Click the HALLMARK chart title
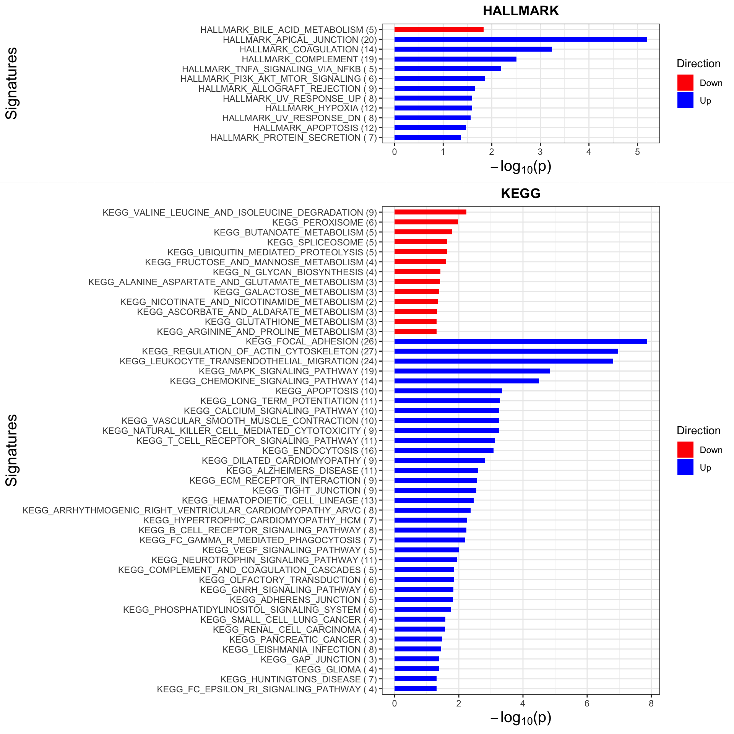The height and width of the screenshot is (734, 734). tap(521, 11)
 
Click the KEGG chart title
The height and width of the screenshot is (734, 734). tap(521, 193)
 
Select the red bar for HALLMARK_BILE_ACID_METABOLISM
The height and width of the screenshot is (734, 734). tap(439, 29)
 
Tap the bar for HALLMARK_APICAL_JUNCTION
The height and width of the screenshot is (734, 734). tap(521, 39)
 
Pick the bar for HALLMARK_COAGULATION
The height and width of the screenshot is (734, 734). tap(473, 49)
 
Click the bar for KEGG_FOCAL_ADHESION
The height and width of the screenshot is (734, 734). tap(521, 341)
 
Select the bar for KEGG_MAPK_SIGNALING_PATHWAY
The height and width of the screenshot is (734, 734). tap(472, 371)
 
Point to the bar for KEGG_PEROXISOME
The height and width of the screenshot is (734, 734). tap(426, 222)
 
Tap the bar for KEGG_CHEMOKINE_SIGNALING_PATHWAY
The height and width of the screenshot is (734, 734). tap(466, 381)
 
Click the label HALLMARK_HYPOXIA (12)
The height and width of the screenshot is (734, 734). tap(321, 108)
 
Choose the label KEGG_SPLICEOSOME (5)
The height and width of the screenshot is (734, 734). tap(322, 242)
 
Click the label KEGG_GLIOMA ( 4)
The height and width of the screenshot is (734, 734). tap(336, 669)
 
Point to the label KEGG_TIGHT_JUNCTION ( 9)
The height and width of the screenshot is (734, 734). tap(315, 490)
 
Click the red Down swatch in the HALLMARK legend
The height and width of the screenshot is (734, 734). tap(685, 83)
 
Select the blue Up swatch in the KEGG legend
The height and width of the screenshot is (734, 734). tap(685, 467)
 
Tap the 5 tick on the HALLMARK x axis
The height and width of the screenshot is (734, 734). tap(637, 152)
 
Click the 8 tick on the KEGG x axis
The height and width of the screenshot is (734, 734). tap(651, 703)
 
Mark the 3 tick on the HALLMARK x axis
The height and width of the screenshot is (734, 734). tap(540, 152)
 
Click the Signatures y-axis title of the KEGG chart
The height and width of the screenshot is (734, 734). tap(12, 450)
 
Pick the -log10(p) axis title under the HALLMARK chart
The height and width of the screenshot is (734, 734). tap(521, 167)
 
